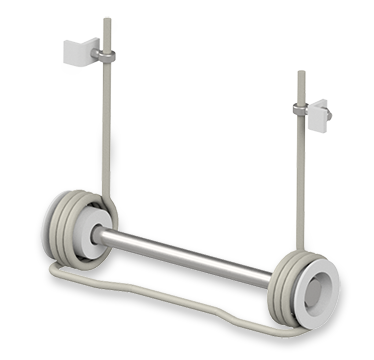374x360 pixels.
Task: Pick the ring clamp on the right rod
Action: [301, 109]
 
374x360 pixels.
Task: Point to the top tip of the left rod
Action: [106, 17]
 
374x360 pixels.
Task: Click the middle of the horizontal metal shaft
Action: [185, 252]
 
